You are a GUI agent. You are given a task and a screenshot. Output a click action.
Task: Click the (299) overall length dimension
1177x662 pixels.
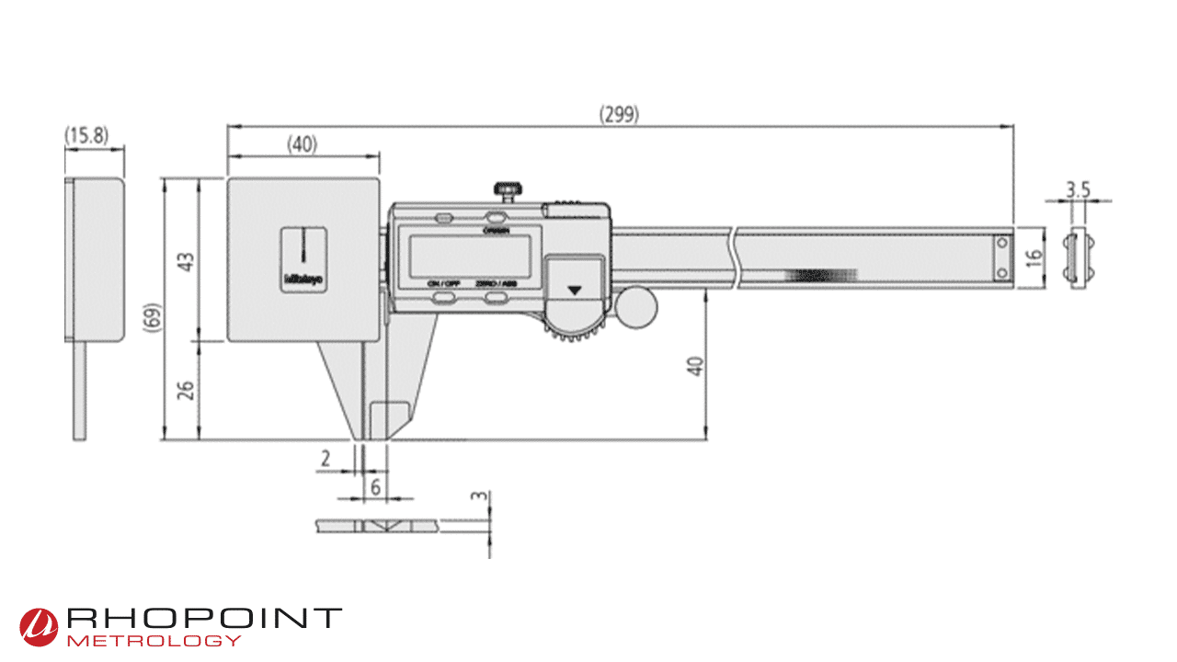[619, 115]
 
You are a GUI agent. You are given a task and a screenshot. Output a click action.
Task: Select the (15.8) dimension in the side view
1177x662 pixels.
[86, 136]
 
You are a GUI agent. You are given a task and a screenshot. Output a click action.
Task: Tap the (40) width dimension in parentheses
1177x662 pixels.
[302, 143]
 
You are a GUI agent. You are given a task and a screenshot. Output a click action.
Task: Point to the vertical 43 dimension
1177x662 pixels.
[187, 261]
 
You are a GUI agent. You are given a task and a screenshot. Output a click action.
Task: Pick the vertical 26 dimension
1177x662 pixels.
[187, 391]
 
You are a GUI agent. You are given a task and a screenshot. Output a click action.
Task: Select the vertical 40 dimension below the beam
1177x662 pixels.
[695, 365]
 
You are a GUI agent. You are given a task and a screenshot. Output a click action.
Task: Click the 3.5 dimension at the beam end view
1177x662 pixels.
[1078, 189]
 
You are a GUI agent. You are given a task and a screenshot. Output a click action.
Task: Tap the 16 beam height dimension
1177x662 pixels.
[1033, 257]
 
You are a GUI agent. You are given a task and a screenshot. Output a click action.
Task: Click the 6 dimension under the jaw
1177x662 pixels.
[375, 486]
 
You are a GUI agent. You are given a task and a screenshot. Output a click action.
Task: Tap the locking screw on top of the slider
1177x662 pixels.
[507, 191]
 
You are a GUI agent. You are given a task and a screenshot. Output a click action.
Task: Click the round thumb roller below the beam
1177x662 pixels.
[636, 308]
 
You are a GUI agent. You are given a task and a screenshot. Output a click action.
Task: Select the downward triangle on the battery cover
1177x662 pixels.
[576, 290]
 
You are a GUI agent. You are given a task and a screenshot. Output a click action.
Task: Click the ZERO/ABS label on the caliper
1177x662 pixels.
[496, 285]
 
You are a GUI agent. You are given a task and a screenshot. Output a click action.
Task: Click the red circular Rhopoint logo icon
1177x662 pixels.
[40, 626]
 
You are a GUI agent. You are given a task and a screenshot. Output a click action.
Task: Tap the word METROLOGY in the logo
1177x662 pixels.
[154, 640]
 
